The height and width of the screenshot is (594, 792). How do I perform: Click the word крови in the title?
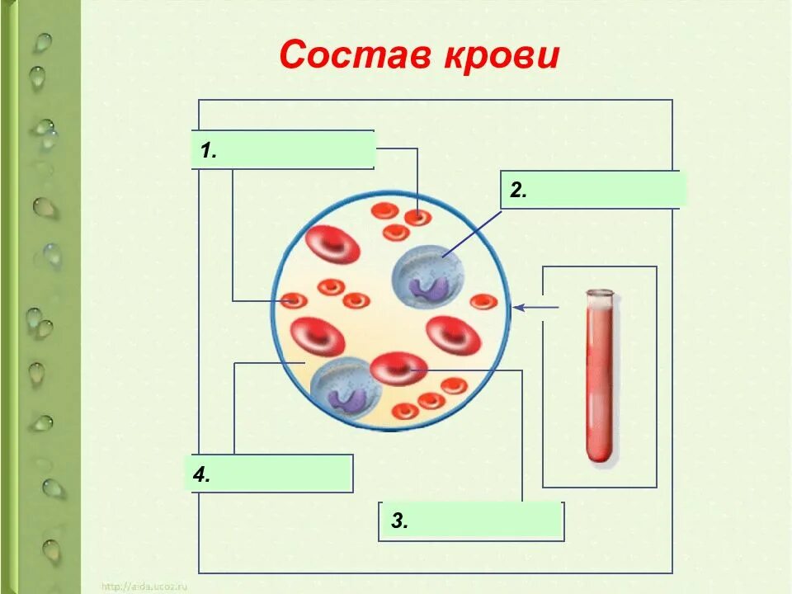(503, 56)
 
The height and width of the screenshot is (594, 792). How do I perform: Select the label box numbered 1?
(283, 149)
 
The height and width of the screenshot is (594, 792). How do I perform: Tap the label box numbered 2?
(592, 190)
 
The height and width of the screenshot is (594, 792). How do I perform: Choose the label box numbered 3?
(471, 521)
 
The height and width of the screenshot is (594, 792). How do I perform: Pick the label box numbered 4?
(271, 474)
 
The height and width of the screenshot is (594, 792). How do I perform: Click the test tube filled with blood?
(600, 379)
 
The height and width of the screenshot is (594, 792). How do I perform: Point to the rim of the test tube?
(600, 293)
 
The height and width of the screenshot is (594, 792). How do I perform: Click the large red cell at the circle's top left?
(332, 245)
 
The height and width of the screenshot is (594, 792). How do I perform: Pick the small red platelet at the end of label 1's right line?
(418, 217)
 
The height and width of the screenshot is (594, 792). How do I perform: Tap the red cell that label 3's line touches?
(398, 369)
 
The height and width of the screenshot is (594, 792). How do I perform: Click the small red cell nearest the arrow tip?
(483, 302)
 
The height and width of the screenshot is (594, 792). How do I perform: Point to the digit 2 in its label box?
(517, 191)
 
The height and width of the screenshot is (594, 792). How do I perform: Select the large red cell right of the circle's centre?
(453, 335)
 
